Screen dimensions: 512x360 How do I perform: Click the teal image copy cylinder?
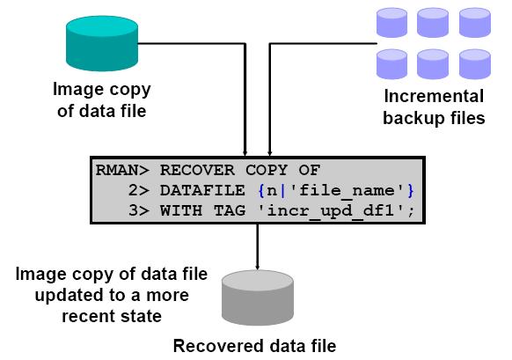[x=102, y=43]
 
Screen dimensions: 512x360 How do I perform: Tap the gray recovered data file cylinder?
[x=257, y=298]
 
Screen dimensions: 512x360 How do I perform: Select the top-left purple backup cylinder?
[x=391, y=23]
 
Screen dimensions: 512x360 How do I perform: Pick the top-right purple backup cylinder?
[x=474, y=23]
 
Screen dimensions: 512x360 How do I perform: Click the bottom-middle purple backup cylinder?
[x=433, y=64]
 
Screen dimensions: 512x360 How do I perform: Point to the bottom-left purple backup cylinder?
[x=391, y=64]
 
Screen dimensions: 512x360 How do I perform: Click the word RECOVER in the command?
[x=197, y=170]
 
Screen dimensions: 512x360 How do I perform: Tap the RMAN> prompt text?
[x=122, y=170]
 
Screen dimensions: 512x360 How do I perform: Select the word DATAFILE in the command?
[x=202, y=190]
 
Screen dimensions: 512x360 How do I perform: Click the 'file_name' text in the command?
[x=347, y=191]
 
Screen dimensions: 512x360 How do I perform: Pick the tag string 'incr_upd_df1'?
[x=331, y=211]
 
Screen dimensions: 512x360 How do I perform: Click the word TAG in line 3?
[x=230, y=210]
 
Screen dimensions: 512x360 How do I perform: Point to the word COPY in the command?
[x=267, y=170]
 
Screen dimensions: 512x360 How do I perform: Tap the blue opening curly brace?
[x=261, y=191]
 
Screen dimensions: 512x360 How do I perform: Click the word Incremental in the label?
[x=434, y=96]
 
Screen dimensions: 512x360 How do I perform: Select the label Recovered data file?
[x=255, y=346]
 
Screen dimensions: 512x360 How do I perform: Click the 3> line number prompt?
[x=139, y=210]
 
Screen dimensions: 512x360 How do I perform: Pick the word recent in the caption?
[x=87, y=316]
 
